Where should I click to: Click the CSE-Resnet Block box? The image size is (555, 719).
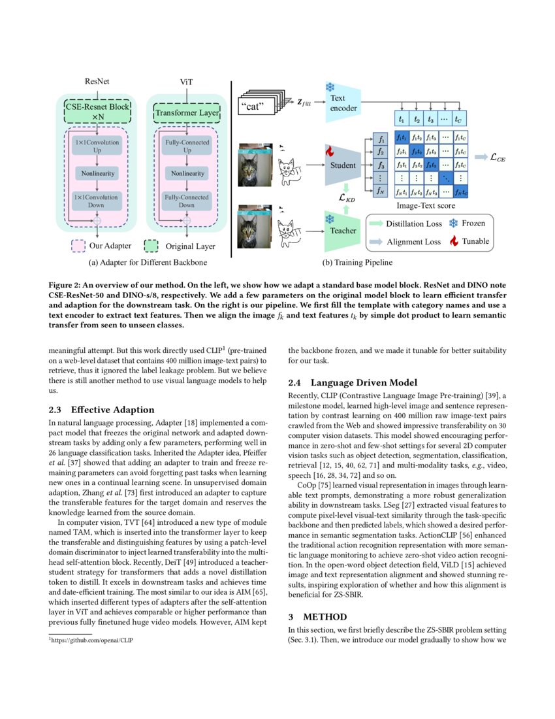tap(97, 111)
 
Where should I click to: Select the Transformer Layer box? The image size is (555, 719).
tap(187, 113)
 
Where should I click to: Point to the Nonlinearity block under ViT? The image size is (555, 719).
tap(187, 173)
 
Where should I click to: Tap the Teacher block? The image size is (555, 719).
tap(342, 230)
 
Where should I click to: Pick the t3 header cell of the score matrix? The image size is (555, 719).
tap(430, 120)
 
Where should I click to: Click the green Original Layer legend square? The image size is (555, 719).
tap(151, 246)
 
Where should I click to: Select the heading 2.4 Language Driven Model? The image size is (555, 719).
tap(357, 382)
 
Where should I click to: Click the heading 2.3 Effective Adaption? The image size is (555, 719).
tap(103, 410)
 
